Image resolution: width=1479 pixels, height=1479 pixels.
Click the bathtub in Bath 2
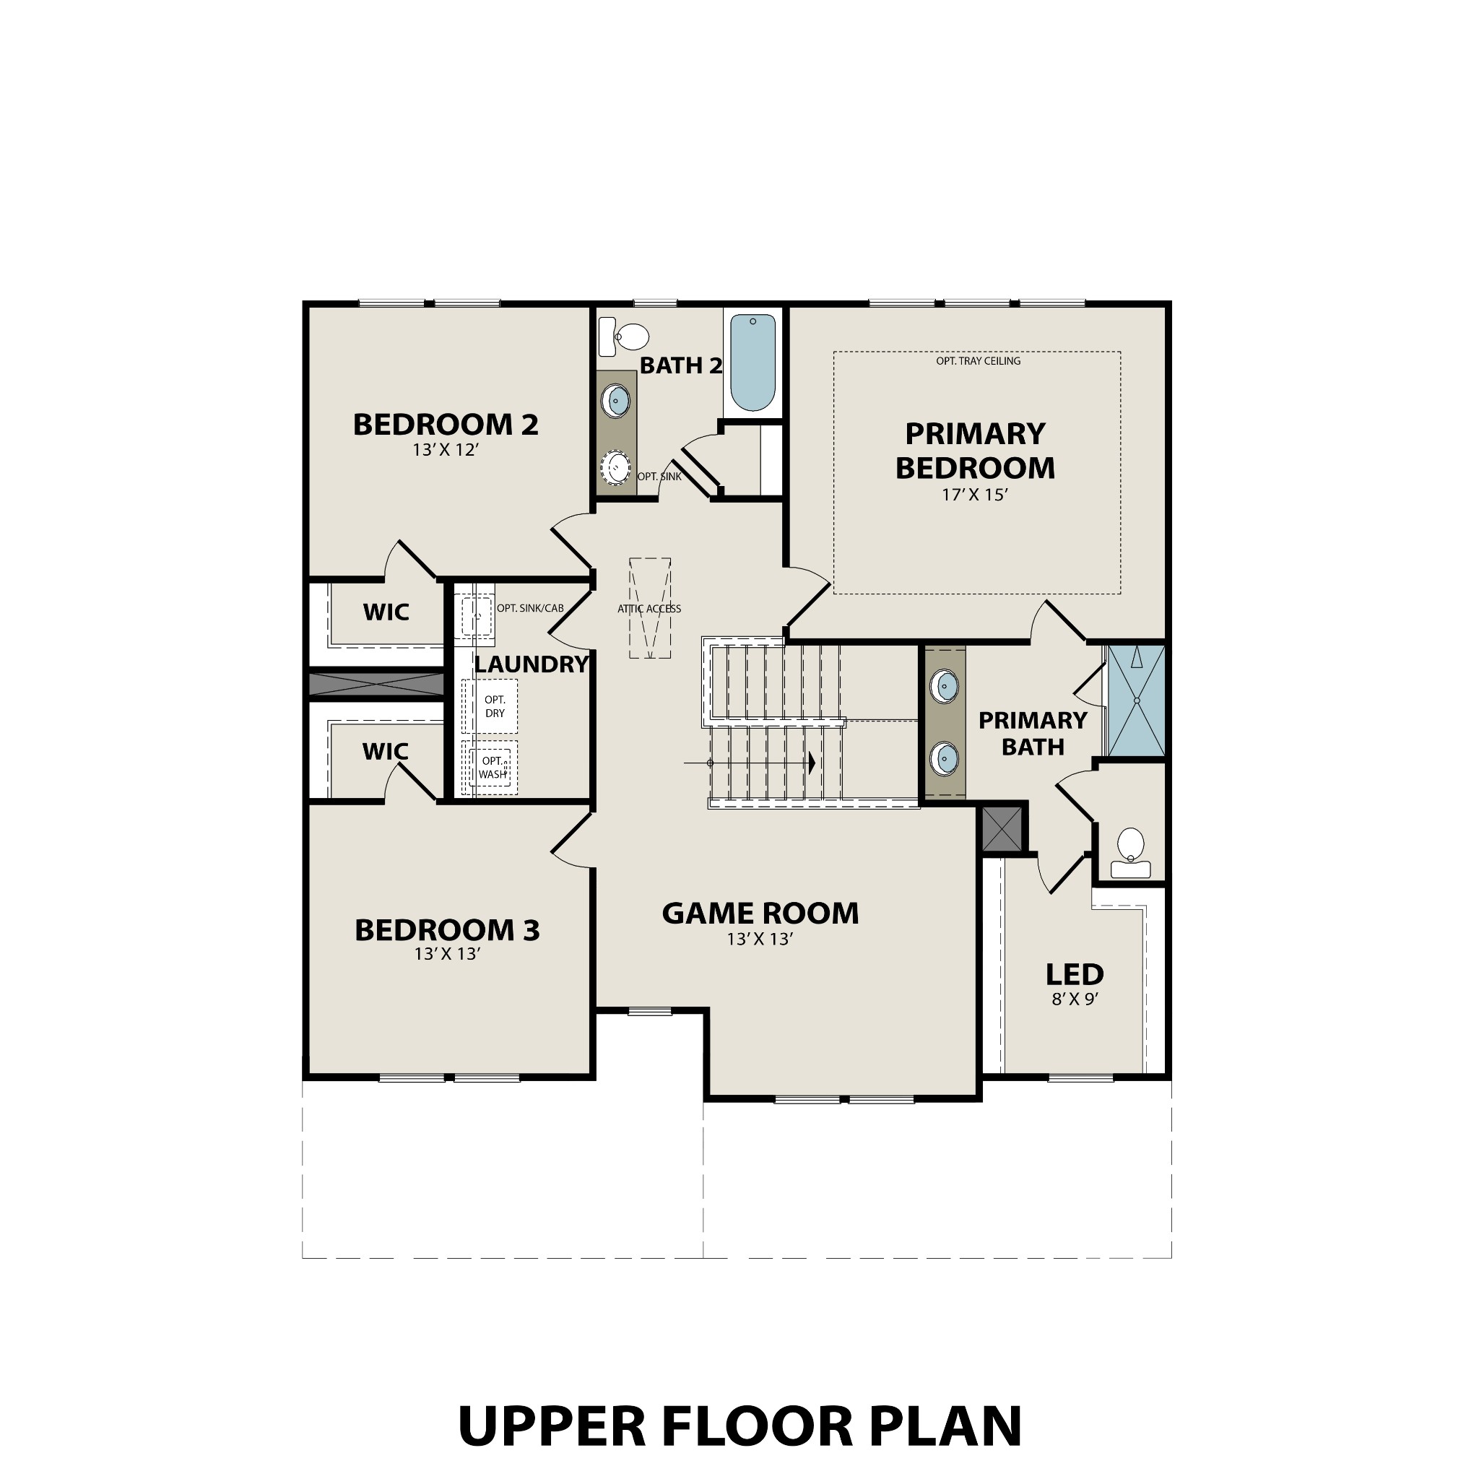[752, 362]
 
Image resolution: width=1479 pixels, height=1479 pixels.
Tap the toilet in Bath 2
[625, 337]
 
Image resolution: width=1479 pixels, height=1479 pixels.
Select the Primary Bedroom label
[974, 451]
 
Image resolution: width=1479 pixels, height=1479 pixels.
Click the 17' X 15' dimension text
[974, 495]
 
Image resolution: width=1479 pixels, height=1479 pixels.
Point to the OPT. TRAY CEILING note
[978, 360]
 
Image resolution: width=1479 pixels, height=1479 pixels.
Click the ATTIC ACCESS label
[649, 609]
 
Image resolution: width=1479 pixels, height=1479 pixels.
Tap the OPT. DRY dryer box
[495, 706]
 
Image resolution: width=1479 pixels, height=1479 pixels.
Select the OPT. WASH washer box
[493, 767]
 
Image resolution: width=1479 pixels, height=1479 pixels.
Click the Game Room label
[760, 914]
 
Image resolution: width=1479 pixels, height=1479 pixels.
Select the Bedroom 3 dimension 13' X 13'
[447, 955]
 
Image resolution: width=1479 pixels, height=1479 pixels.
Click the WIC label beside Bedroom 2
[386, 612]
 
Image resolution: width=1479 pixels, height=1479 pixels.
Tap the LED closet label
[1074, 974]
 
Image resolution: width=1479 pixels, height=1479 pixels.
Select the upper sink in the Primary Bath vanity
[944, 686]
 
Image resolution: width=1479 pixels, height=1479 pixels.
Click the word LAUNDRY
[531, 664]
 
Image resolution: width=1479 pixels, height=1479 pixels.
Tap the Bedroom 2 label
[446, 424]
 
